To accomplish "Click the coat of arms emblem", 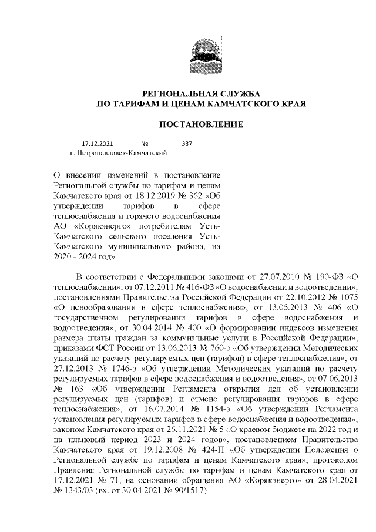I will tap(202, 51).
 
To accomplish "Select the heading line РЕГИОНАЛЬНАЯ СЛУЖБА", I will tap(202, 93).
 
